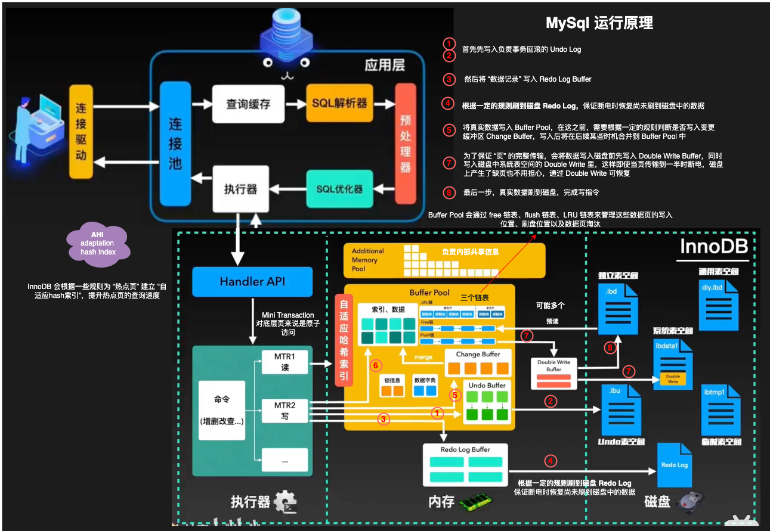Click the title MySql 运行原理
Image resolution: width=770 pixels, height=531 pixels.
coord(599,23)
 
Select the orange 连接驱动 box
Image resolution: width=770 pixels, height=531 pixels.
coord(81,132)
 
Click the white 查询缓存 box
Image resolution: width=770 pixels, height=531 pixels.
coord(248,104)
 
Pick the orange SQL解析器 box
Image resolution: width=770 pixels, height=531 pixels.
coord(339,104)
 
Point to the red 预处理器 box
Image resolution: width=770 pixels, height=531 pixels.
coord(405,144)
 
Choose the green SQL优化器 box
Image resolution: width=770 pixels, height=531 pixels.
coord(339,188)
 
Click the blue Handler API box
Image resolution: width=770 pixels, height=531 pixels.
coord(252,282)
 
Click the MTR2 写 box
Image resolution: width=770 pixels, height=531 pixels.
coord(285,411)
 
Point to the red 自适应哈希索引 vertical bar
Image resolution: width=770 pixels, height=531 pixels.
coord(344,340)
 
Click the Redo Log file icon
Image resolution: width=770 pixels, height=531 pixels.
coord(675,467)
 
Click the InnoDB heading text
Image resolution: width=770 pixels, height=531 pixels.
coord(714,247)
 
